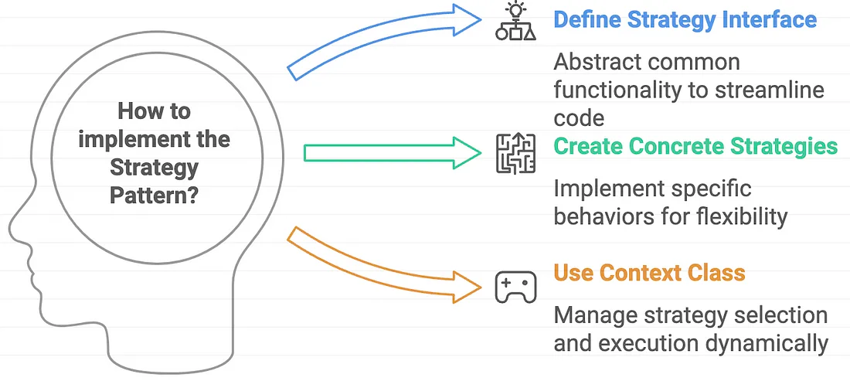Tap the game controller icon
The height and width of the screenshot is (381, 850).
(515, 287)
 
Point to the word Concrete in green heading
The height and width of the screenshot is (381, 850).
(678, 146)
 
